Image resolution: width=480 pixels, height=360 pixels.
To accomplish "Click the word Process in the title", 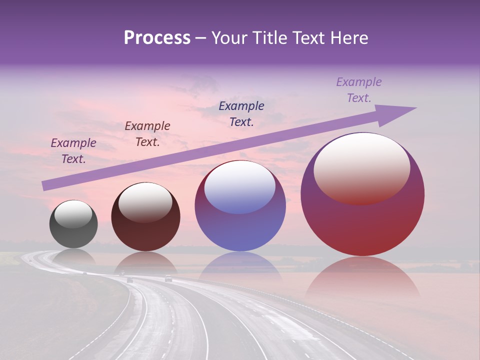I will pyautogui.click(x=157, y=38).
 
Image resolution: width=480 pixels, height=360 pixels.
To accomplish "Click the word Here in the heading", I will pyautogui.click(x=348, y=38).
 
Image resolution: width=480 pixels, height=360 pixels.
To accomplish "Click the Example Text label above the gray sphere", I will pyautogui.click(x=73, y=151).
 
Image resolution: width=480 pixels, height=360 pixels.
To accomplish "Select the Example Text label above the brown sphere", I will pyautogui.click(x=147, y=134).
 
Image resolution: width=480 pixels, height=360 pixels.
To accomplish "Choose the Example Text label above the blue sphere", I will pyautogui.click(x=241, y=114).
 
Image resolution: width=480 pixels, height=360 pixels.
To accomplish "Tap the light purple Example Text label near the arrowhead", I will pyautogui.click(x=359, y=90).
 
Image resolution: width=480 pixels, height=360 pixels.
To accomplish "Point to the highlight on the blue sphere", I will pyautogui.click(x=240, y=186).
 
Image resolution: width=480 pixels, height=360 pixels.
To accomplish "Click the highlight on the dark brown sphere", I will pyautogui.click(x=145, y=202).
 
